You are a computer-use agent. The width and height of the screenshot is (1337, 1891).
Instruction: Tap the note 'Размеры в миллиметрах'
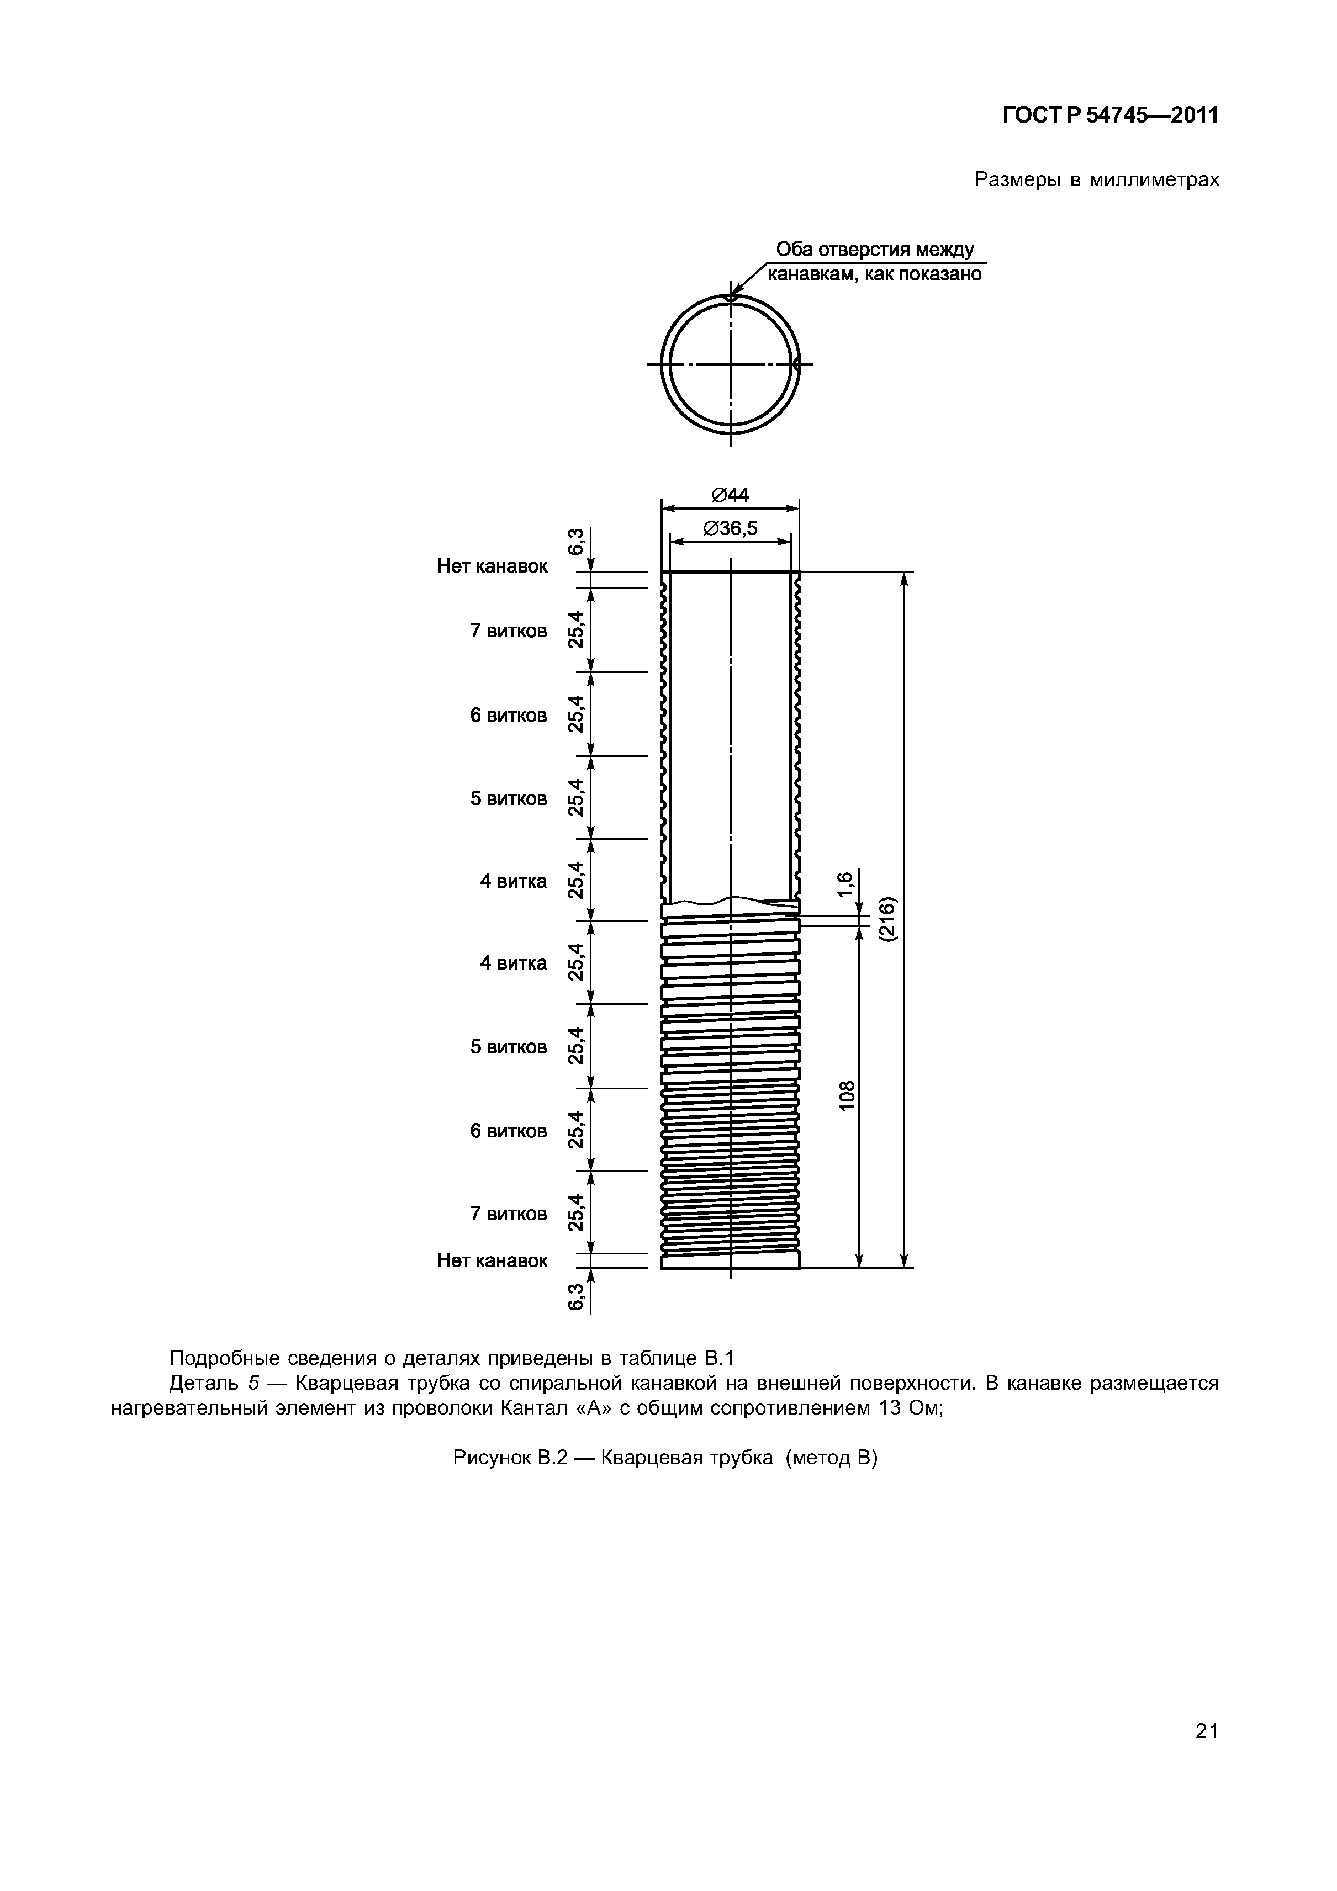[1096, 179]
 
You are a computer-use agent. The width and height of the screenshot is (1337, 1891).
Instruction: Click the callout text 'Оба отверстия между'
[875, 250]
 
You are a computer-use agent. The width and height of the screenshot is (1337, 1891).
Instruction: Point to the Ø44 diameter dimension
[730, 495]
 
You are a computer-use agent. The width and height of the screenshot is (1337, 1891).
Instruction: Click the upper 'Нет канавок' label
[492, 566]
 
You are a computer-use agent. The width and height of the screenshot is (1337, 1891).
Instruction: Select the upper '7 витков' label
[508, 631]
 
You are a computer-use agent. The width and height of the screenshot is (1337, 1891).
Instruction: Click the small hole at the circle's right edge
[796, 363]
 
